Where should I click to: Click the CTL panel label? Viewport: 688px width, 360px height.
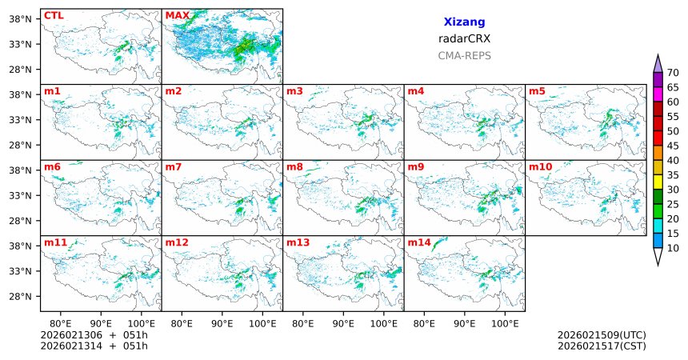point(54,15)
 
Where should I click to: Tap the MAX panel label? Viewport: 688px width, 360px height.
point(178,15)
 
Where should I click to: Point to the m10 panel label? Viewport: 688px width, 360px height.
point(540,166)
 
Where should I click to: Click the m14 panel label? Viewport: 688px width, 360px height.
point(418,242)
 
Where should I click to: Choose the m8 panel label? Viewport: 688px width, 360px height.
point(295,166)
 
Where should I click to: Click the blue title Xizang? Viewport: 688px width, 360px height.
point(464,22)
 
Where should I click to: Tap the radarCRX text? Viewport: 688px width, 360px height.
point(464,38)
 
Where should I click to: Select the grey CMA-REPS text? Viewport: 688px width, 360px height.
point(464,55)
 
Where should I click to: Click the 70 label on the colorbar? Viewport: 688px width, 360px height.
point(673,72)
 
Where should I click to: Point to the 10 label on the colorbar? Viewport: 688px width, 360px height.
point(673,249)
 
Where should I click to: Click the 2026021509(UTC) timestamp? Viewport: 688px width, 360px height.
point(602,334)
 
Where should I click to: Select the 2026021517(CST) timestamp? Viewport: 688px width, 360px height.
point(602,346)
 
